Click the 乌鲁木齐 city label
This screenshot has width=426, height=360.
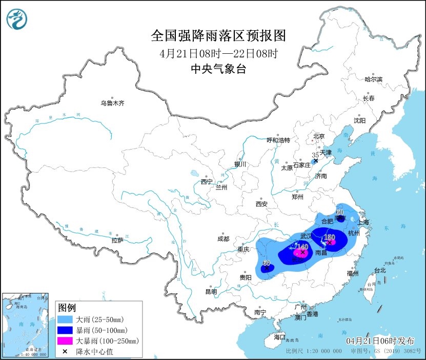(112, 103)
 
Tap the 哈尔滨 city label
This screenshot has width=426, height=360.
(373, 79)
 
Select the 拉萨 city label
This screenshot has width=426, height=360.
(117, 240)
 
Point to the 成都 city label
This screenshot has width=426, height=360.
(223, 239)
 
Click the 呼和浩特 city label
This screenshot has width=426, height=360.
(278, 140)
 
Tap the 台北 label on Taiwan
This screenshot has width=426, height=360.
(379, 270)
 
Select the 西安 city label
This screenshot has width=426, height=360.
(261, 204)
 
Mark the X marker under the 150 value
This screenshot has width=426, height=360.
(331, 242)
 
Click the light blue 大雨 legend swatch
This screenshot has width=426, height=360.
(65, 319)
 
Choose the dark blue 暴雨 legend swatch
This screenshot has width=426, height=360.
(65, 330)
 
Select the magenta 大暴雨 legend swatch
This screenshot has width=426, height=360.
(65, 341)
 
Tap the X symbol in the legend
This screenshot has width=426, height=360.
(65, 351)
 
